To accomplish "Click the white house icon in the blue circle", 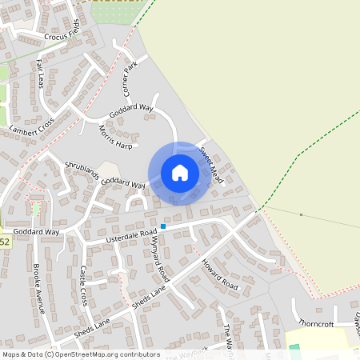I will coord(180,173).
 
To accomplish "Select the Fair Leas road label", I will coord(40,75).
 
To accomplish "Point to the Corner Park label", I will coord(130,78).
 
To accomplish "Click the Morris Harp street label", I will coord(114,135).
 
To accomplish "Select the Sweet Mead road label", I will coord(210,163).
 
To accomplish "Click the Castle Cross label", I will coord(83,286).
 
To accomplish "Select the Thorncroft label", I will coord(314,323).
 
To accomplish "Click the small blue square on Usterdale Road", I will coord(163,226).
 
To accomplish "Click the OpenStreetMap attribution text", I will coord(80,354).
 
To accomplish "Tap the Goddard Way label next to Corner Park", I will coord(130,110).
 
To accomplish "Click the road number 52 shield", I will coord(4,241).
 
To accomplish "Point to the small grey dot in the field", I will coord(301,214).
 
